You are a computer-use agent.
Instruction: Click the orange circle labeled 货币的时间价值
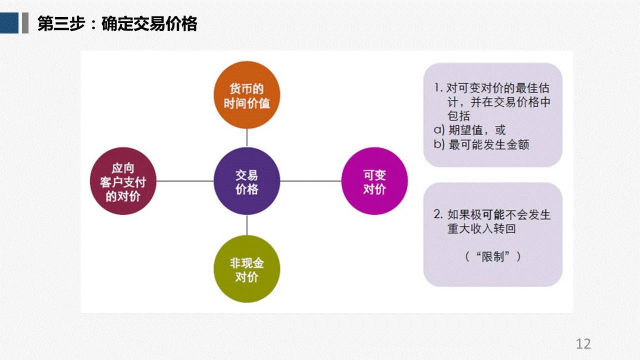click(247, 95)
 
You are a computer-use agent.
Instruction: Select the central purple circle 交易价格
click(247, 181)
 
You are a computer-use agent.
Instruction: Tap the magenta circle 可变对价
click(374, 181)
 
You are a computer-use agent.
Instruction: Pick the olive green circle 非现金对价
click(247, 269)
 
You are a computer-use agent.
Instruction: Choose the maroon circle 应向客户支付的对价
click(123, 181)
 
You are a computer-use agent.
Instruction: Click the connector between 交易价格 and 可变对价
click(311, 181)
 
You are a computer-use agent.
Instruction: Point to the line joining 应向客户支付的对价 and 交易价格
click(185, 181)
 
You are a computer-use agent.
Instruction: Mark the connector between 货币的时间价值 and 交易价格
click(247, 138)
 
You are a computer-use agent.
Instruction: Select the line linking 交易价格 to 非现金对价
click(247, 225)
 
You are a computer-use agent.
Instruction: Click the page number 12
click(583, 343)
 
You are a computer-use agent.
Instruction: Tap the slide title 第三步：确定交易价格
click(117, 23)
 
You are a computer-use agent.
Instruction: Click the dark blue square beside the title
click(9, 23)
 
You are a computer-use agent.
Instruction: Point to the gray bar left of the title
click(25, 23)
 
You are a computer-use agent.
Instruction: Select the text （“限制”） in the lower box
click(493, 256)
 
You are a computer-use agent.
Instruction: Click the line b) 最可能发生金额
click(481, 144)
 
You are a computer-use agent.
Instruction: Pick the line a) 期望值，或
click(469, 130)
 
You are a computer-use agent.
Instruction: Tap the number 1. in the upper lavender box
click(438, 88)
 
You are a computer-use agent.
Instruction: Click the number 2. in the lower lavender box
click(438, 214)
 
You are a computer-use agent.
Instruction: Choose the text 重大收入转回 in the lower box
click(481, 228)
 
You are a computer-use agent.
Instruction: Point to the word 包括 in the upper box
click(458, 116)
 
